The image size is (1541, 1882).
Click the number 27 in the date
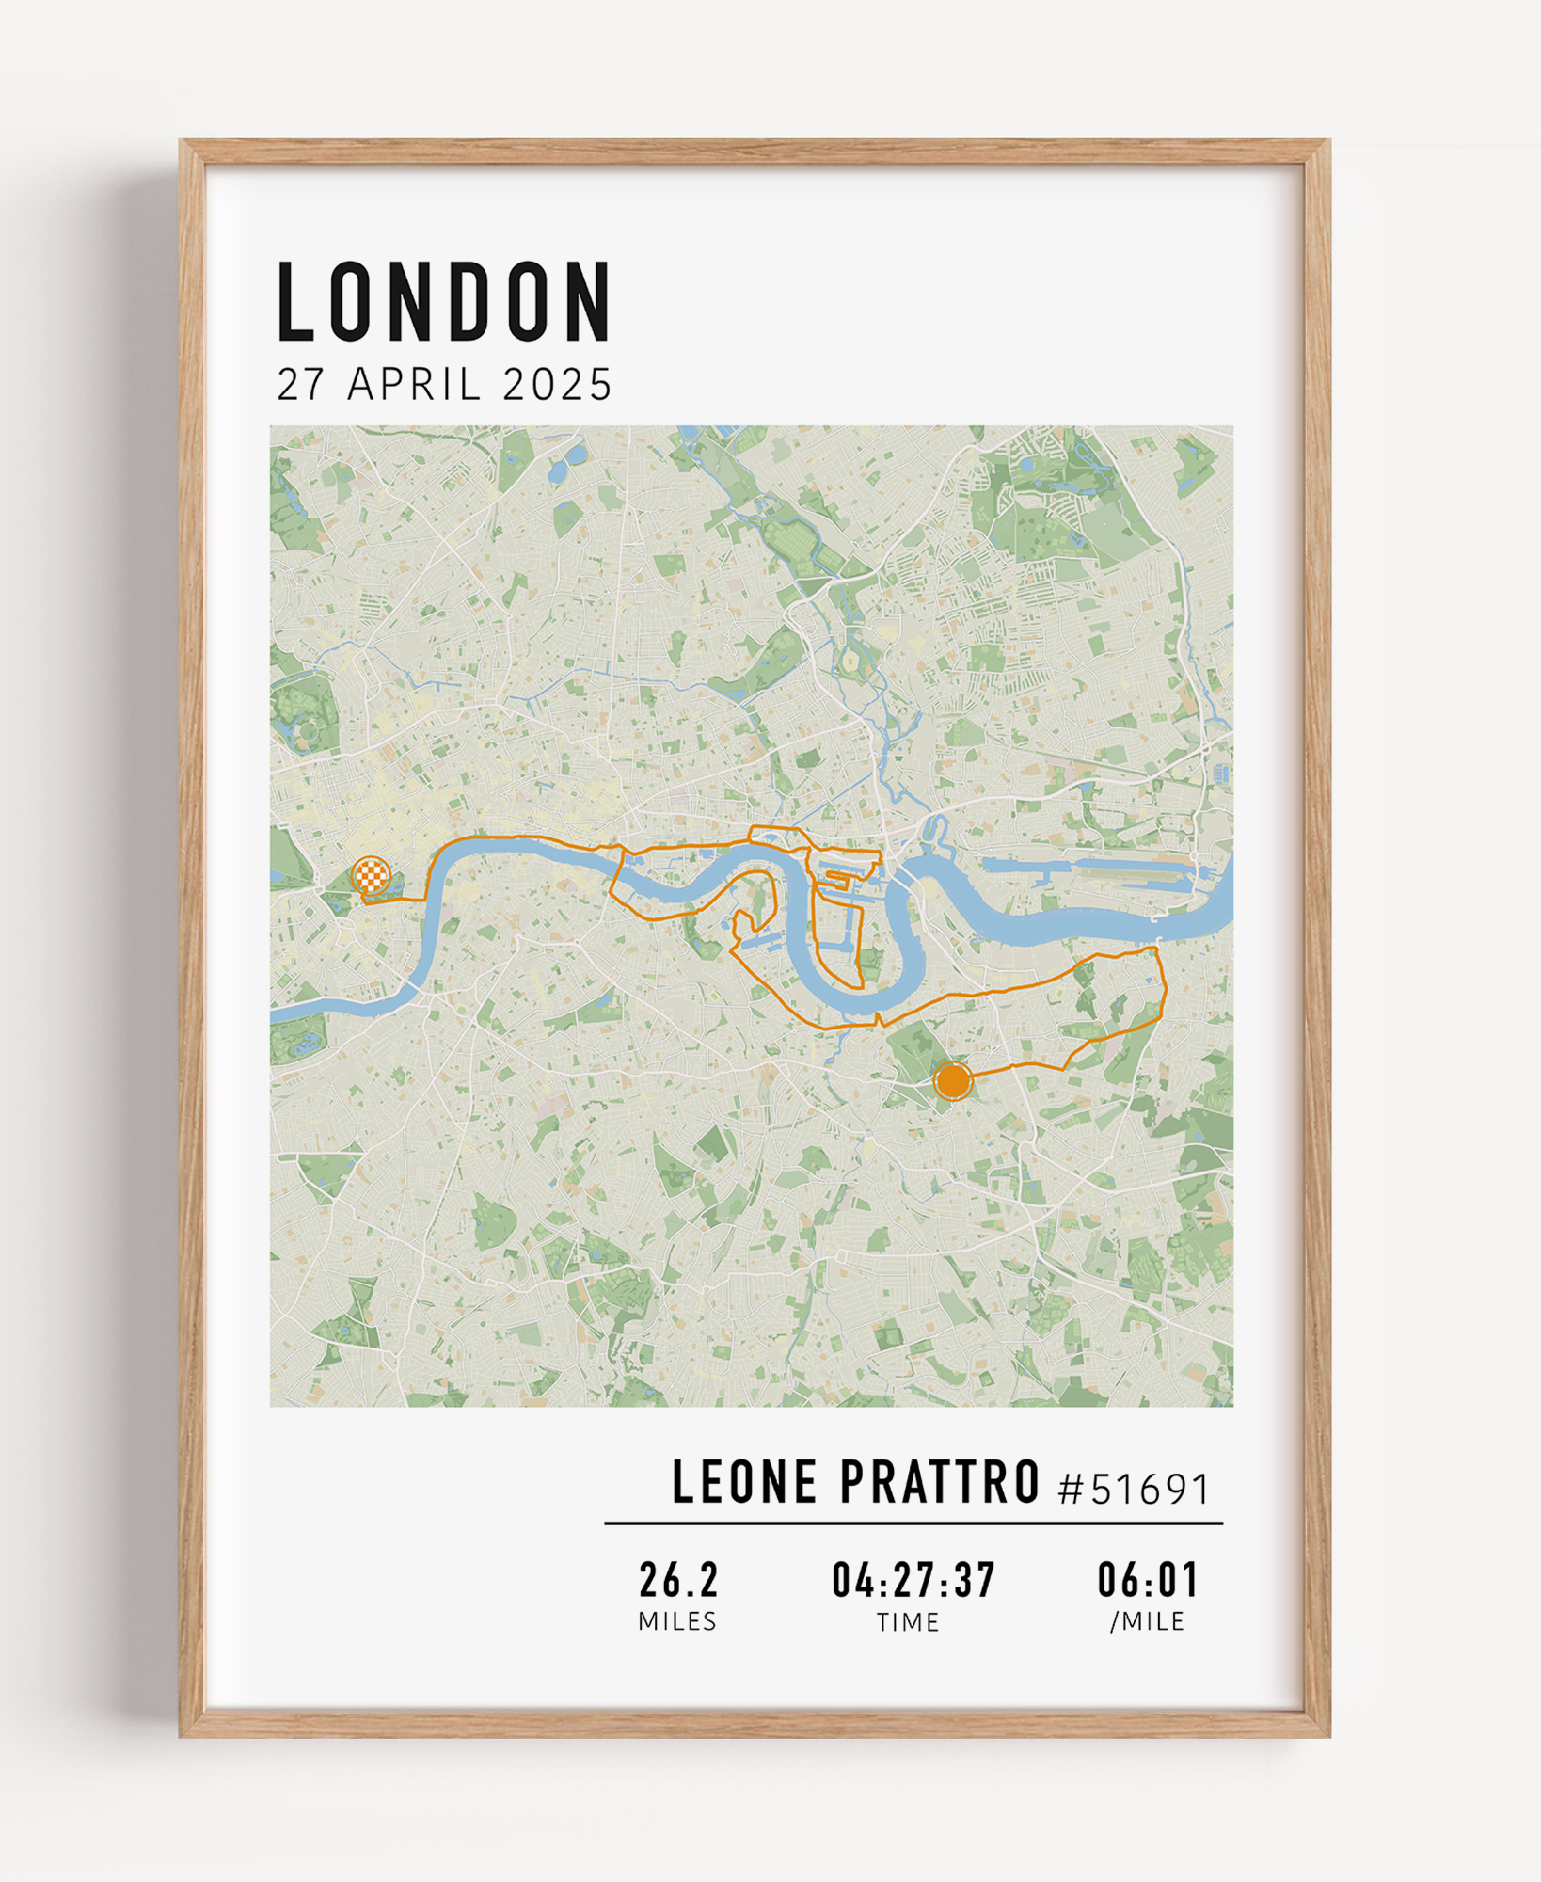click(301, 385)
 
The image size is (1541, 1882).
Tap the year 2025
click(557, 385)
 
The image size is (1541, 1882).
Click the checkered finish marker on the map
click(371, 875)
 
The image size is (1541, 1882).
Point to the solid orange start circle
click(953, 1081)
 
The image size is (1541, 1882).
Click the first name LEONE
click(744, 1483)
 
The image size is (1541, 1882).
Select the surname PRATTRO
click(939, 1483)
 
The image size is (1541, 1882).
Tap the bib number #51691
click(1135, 1489)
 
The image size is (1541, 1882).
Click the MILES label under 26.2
click(677, 1621)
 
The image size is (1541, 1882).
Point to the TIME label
click(908, 1622)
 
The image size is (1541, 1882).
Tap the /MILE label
click(1147, 1621)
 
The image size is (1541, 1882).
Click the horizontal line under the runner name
click(913, 1523)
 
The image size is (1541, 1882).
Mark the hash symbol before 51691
click(1071, 1490)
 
